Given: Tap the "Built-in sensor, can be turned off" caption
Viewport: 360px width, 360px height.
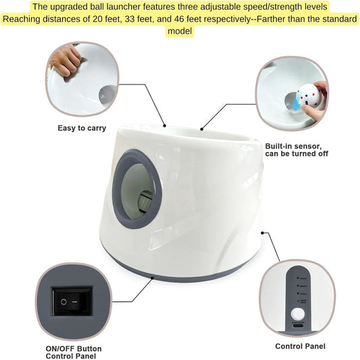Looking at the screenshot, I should click(297, 150).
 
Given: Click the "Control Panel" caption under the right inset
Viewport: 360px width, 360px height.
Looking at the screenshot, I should click(300, 346).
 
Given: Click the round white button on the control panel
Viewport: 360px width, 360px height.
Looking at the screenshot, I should click(299, 314).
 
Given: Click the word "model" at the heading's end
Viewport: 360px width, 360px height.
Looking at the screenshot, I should click(179, 31).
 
